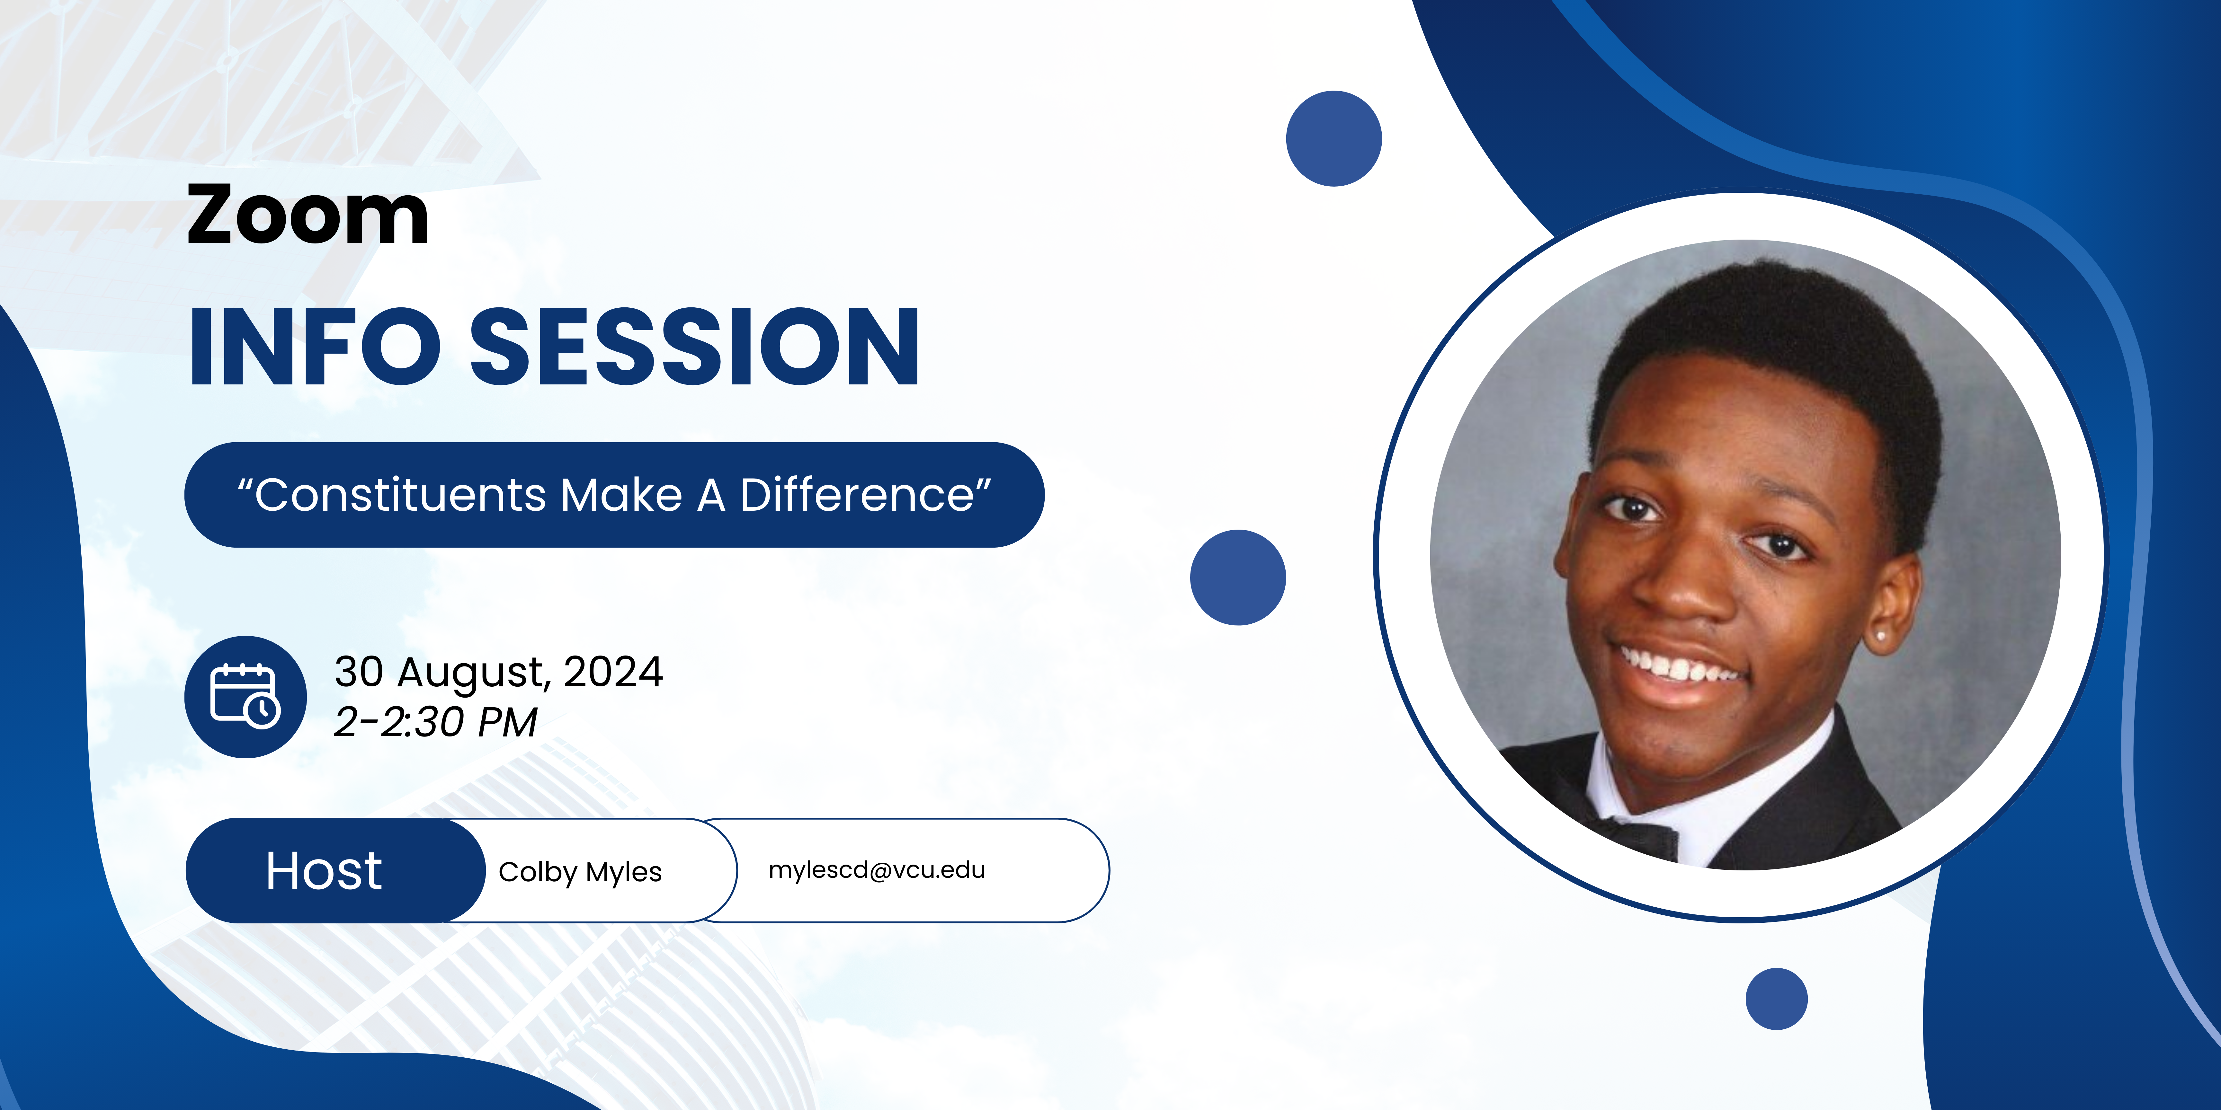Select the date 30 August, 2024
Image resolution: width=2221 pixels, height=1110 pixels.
(498, 672)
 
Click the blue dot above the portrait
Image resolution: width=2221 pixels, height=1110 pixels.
(1334, 138)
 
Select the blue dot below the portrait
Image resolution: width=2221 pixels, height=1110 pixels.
(1776, 999)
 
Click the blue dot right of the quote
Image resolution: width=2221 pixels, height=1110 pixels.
(1238, 577)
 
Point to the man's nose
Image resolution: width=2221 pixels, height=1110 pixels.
(1686, 586)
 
